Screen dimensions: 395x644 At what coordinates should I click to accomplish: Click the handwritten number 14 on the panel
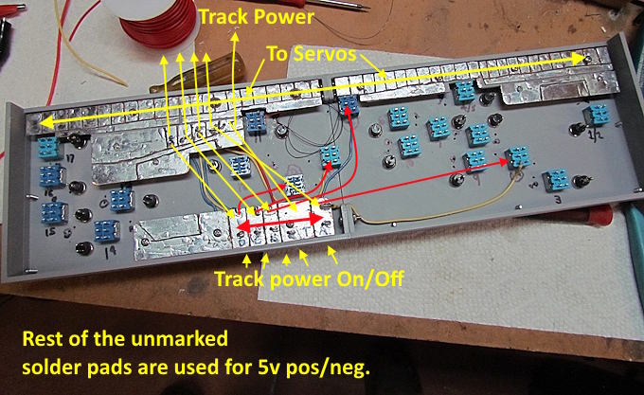(x=111, y=250)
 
